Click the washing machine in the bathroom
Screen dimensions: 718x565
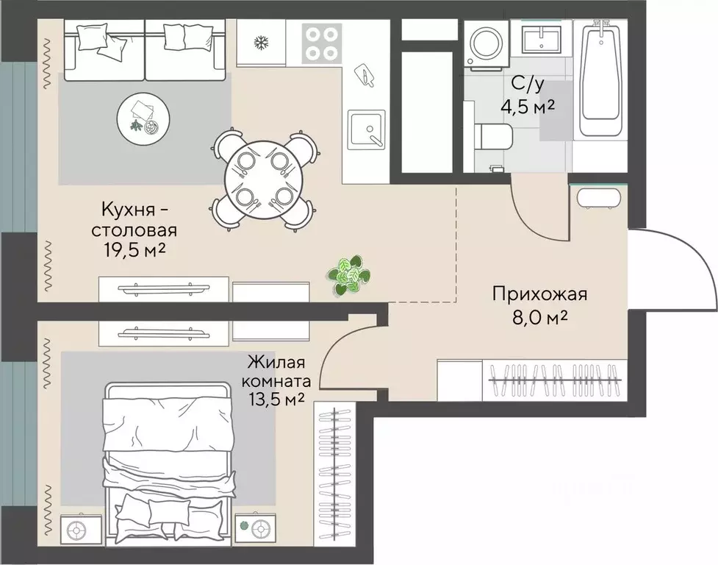click(485, 44)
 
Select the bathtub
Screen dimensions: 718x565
click(600, 77)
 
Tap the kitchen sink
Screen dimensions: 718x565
click(366, 129)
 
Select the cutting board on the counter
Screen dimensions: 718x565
click(365, 75)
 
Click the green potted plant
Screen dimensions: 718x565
click(348, 276)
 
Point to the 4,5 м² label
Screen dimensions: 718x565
click(528, 107)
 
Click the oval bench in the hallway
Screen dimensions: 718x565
click(599, 199)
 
